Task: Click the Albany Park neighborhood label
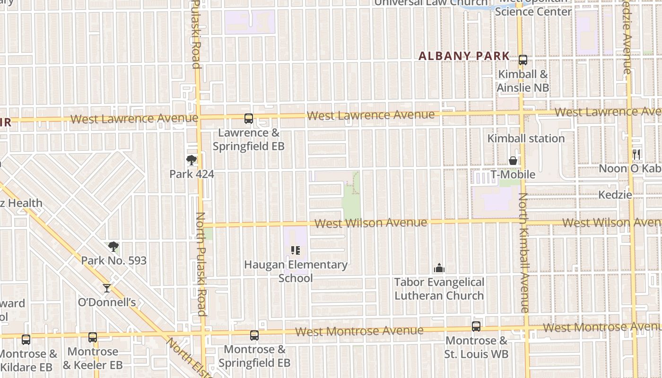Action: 464,56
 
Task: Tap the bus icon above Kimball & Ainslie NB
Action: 523,60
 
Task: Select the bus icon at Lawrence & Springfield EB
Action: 249,119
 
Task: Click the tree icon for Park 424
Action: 192,160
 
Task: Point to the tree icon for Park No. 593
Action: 113,246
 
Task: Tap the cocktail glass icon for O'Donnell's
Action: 107,288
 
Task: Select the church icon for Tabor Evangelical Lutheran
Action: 439,268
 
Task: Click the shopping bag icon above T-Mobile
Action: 513,161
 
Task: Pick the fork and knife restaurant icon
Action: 636,154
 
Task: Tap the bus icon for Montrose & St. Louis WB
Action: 476,326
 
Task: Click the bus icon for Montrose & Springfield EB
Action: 254,335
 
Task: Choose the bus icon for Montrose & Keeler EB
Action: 93,337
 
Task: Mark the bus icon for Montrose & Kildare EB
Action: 26,339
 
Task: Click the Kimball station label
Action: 526,138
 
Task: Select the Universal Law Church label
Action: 431,3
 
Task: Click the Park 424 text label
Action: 192,174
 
